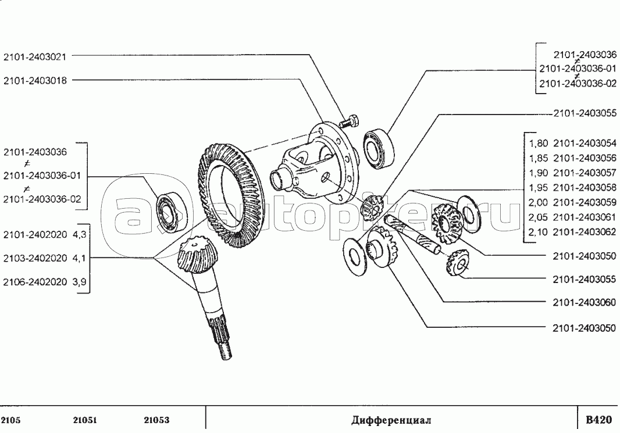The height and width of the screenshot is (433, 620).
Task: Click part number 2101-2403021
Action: [35, 56]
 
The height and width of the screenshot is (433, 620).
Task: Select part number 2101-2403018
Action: [35, 81]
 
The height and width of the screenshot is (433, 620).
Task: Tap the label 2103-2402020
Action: [35, 259]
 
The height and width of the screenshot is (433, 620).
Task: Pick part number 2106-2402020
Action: [35, 282]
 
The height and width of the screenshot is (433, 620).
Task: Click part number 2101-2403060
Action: [585, 303]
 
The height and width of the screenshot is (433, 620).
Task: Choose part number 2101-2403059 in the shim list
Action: [585, 203]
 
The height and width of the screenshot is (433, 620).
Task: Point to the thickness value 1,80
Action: [538, 144]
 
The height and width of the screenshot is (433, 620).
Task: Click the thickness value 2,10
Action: [538, 232]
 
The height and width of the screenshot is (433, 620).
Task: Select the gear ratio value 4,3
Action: [79, 235]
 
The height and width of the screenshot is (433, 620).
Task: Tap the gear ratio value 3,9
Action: [79, 282]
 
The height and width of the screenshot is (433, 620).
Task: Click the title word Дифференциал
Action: [391, 420]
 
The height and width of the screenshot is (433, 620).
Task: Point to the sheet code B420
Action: [598, 420]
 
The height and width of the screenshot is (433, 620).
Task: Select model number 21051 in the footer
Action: [84, 420]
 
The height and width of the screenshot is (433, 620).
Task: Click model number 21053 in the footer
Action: [156, 420]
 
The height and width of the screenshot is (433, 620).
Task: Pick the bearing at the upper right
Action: [379, 149]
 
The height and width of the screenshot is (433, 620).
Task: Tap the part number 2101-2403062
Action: [585, 232]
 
